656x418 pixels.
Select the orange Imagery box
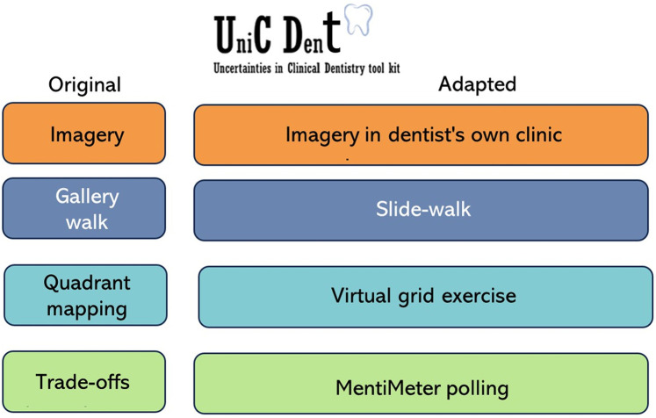(x=84, y=134)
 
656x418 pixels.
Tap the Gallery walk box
(x=84, y=209)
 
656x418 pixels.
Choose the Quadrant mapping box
(x=85, y=296)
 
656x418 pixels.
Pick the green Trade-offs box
(x=84, y=382)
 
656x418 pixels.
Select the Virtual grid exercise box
(x=425, y=296)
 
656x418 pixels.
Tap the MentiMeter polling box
(x=422, y=385)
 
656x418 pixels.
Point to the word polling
(x=479, y=386)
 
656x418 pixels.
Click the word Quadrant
(x=86, y=284)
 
